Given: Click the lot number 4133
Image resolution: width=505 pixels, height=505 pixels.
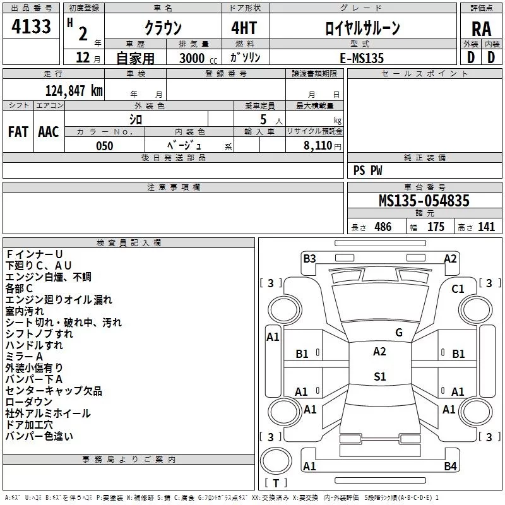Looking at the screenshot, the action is (32, 27).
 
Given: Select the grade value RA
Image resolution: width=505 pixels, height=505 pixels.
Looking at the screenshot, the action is (481, 29).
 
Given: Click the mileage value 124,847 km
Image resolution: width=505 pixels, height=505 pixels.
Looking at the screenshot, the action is (74, 90).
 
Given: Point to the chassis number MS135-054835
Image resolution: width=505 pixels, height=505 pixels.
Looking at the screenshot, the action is (424, 201).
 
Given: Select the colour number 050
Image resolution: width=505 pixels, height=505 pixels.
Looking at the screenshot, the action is (104, 146).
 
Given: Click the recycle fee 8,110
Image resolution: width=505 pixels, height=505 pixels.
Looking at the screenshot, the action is (318, 146).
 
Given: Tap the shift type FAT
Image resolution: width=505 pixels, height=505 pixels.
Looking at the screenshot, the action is (18, 132).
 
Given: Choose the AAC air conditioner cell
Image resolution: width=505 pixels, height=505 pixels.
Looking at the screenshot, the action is (49, 132).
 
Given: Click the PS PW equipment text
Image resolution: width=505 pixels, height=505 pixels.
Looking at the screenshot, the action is (368, 170).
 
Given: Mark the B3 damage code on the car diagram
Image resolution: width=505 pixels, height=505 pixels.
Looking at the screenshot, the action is (309, 258).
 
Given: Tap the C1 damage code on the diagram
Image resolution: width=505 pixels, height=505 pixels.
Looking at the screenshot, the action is (458, 288).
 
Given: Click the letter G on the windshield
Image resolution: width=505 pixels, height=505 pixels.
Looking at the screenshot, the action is (398, 332).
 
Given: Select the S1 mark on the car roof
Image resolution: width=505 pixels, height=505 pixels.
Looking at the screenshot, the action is (379, 377).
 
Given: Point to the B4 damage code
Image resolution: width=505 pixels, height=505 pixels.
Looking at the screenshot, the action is (450, 466).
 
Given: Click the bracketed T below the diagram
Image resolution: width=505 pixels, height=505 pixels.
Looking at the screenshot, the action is (276, 483).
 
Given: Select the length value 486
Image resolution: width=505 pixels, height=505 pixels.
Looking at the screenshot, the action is (383, 227).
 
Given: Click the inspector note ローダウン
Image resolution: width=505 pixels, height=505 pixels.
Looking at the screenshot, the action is (29, 402).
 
